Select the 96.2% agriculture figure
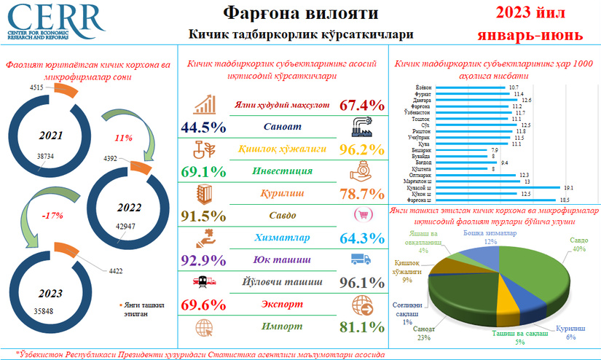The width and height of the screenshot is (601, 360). click(362, 149)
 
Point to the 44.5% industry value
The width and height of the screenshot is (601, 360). click(201, 128)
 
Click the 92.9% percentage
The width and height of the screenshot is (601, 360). click(201, 259)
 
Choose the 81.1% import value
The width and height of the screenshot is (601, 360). click(362, 327)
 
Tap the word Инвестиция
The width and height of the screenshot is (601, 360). click(280, 171)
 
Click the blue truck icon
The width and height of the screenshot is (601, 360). click(361, 259)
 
